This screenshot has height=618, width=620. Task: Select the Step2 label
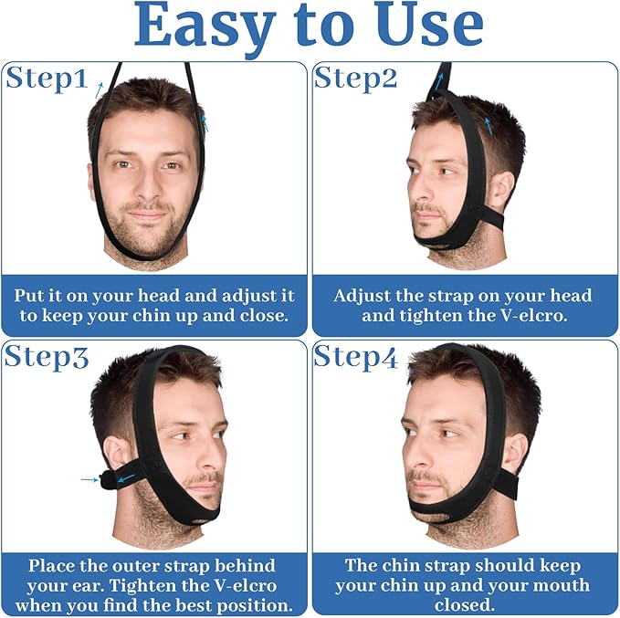pos(355,79)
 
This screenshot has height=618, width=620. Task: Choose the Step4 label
pos(356,357)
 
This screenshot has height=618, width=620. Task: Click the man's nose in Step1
pos(146,185)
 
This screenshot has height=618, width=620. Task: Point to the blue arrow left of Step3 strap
pos(89,478)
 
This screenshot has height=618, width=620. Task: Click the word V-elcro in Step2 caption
pos(531,317)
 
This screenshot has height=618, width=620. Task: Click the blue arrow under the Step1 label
pos(98,90)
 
